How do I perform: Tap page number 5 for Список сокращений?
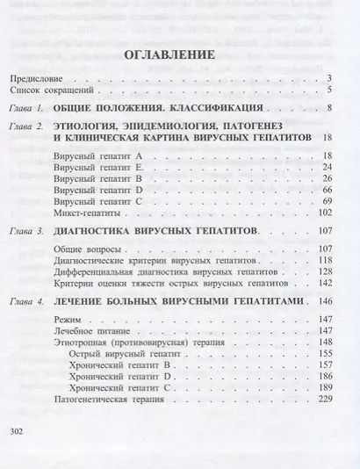(327, 90)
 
